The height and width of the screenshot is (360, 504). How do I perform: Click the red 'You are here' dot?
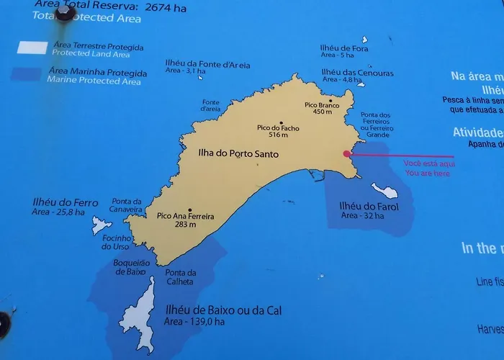click(346, 153)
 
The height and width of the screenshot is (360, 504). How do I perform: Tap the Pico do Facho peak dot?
click(281, 122)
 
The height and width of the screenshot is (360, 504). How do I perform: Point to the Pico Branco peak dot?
click(330, 100)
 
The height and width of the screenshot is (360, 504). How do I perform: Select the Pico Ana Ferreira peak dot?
click(190, 210)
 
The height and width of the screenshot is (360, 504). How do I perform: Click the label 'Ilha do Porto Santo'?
click(238, 153)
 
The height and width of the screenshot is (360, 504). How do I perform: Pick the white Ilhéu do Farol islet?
click(385, 191)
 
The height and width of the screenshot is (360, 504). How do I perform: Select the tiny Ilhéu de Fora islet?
click(365, 40)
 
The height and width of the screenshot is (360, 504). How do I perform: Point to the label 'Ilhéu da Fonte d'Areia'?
click(207, 64)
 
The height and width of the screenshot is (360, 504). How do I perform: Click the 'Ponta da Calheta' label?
click(180, 277)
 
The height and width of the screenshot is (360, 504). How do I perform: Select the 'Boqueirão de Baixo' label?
click(130, 267)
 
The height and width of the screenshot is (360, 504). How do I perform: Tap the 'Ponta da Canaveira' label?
click(127, 206)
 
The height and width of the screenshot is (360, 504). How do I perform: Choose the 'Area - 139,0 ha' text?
click(195, 322)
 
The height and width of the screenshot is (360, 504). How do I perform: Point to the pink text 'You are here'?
click(427, 173)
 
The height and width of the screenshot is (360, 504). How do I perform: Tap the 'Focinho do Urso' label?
click(117, 242)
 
